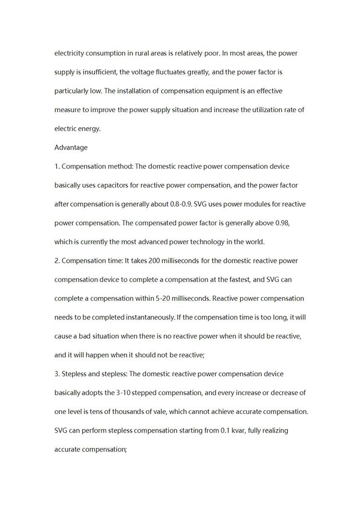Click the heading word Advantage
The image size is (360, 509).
[x=71, y=147]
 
